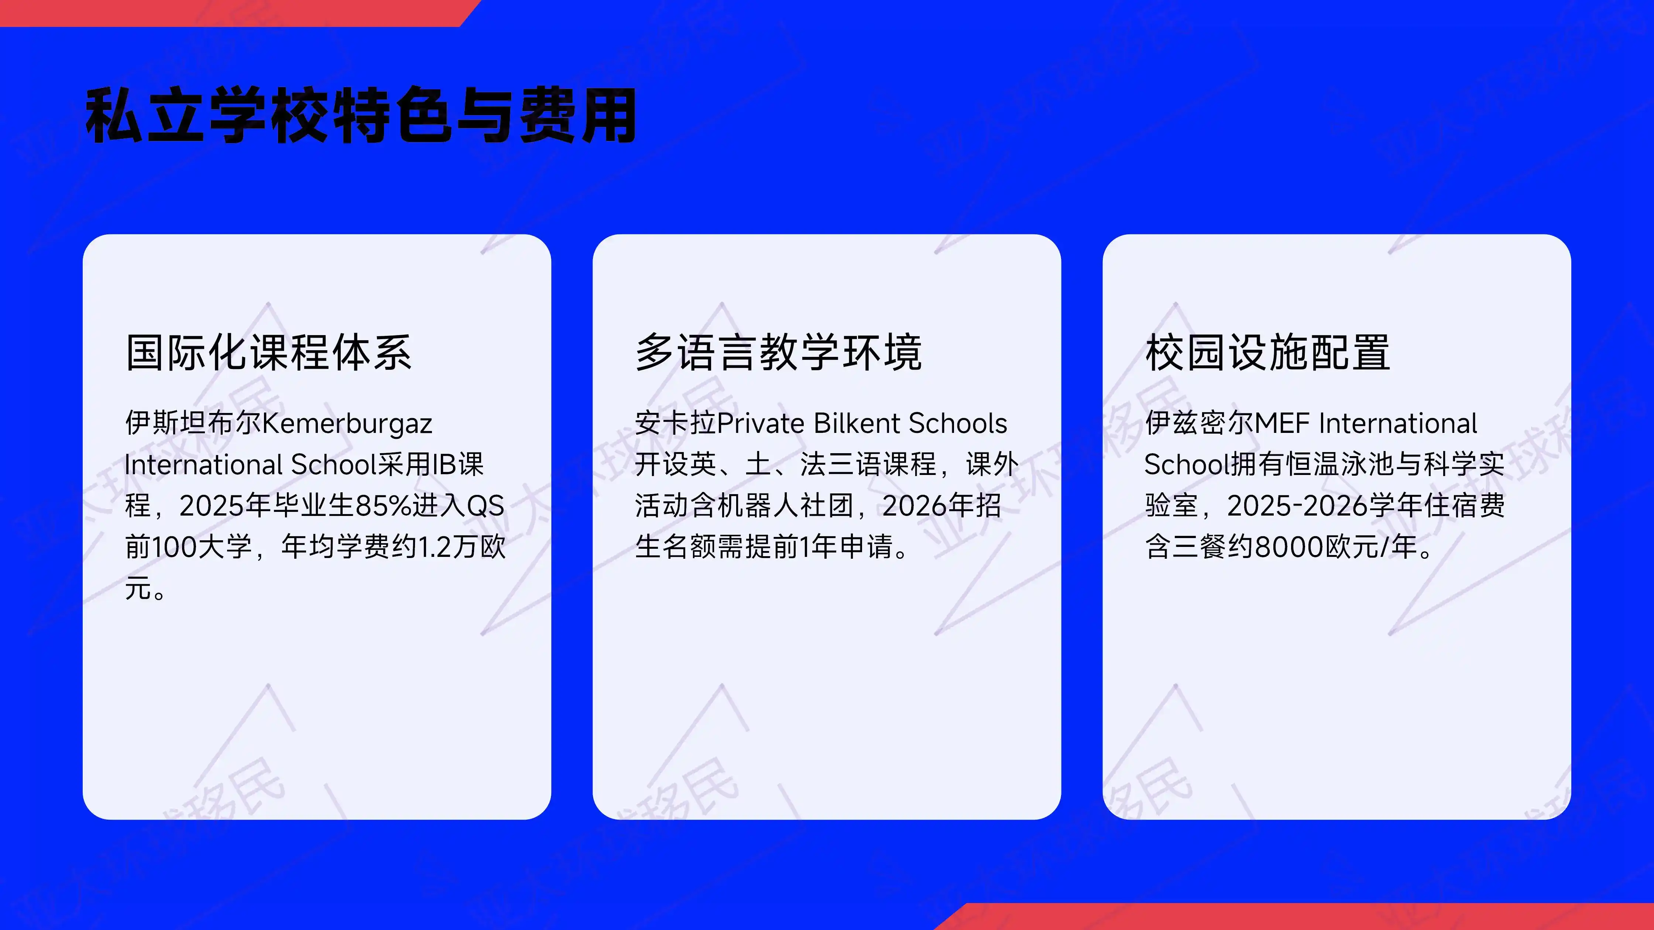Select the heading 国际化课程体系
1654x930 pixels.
pos(268,352)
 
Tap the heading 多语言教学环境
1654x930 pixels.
pos(778,352)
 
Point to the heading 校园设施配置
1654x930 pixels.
pos(1267,352)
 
